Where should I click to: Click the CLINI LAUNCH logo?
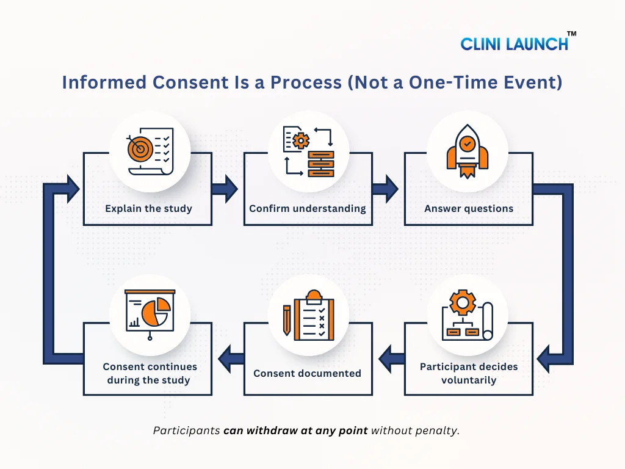(x=514, y=43)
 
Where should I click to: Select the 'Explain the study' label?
(x=148, y=208)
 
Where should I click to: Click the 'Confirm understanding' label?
(x=308, y=208)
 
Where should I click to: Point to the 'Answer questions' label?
(x=469, y=208)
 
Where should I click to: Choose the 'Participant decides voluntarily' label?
(x=469, y=373)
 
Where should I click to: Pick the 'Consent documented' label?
(x=308, y=373)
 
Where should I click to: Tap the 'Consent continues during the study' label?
(x=150, y=373)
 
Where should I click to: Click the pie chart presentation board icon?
(x=150, y=314)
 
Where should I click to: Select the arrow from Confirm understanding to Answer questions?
(x=386, y=189)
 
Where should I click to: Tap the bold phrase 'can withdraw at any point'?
(x=295, y=431)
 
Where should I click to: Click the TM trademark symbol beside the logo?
(x=571, y=34)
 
